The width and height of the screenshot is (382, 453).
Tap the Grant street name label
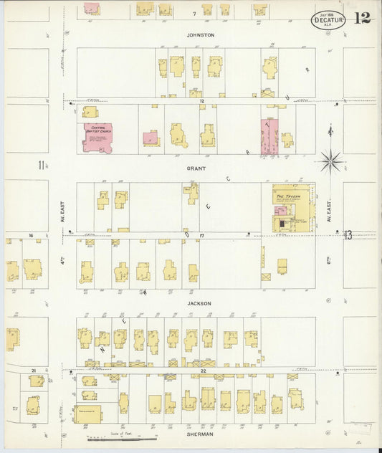point(196,168)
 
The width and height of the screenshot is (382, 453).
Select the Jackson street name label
point(199,303)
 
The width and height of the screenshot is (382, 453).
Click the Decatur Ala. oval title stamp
point(328,19)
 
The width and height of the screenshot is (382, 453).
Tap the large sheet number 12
point(362,18)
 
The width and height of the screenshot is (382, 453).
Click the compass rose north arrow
point(330,159)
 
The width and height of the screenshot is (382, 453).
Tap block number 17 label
point(203,236)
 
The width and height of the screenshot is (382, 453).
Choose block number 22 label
point(204,371)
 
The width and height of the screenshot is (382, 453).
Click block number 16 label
point(31,235)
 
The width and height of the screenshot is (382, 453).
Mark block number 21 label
point(33,371)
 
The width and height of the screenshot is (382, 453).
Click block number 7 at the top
point(194,14)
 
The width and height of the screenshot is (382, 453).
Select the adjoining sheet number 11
point(42,166)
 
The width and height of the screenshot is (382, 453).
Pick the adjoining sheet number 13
point(348,234)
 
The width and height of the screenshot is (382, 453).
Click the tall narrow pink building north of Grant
point(269,136)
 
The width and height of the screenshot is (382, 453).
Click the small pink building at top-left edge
point(92,8)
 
